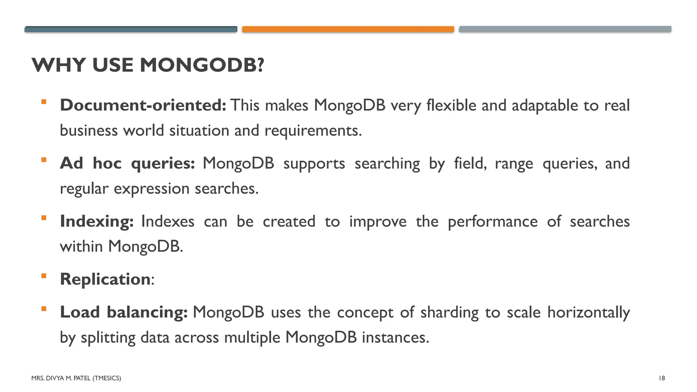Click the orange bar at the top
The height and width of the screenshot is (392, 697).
tap(348, 29)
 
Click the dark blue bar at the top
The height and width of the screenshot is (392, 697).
tap(131, 29)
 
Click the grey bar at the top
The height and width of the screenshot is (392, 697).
tap(565, 29)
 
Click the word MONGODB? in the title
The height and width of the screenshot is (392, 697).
tap(202, 65)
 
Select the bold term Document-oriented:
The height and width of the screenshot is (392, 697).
tap(143, 105)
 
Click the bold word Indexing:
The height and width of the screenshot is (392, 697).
tap(97, 222)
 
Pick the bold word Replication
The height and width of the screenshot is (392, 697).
tap(105, 279)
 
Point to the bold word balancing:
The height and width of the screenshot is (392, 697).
tap(147, 312)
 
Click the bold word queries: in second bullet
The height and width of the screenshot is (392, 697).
tap(163, 164)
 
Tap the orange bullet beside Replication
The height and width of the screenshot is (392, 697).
tap(44, 276)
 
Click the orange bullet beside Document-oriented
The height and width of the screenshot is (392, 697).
tap(44, 102)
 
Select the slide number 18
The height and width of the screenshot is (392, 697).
tap(662, 378)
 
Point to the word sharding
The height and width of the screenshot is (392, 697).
tap(449, 313)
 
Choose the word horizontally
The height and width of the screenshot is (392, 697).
tap(588, 313)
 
